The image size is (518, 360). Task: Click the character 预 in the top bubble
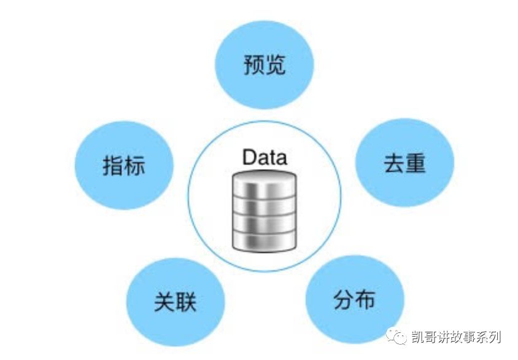click(x=254, y=65)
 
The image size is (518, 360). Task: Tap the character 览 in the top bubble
click(x=275, y=65)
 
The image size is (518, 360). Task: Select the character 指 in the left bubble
click(x=114, y=165)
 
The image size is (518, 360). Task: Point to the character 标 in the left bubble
click(x=134, y=165)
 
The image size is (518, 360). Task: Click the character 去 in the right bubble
click(x=394, y=163)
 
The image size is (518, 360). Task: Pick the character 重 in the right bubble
click(x=416, y=163)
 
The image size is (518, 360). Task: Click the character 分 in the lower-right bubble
click(x=344, y=300)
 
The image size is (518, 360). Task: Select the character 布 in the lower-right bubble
click(x=365, y=300)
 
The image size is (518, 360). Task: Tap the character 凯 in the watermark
click(x=419, y=337)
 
